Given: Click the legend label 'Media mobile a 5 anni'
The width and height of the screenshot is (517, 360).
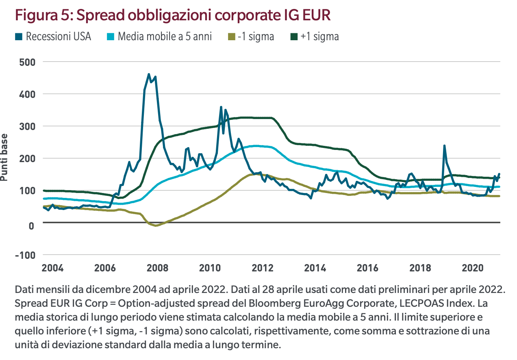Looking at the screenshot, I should (x=165, y=37).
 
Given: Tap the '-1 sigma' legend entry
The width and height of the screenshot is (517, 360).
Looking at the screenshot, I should (x=256, y=37).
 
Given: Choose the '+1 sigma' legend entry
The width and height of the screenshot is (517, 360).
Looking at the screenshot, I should (x=319, y=37).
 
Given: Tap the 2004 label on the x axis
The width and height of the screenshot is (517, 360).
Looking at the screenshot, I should (x=52, y=269).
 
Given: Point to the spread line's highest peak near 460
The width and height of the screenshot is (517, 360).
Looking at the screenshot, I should (x=149, y=74).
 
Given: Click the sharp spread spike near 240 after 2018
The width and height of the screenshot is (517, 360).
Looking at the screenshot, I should (x=444, y=145).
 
